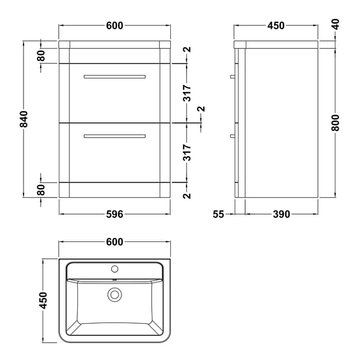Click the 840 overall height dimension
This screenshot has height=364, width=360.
coord(24,119)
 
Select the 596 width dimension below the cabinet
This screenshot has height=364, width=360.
coord(115,214)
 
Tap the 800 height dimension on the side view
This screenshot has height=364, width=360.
coord(335,123)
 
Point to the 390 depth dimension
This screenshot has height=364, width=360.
coord(281,214)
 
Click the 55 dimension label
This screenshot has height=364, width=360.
coord(218,214)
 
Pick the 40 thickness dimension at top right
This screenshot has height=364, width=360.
coord(336,24)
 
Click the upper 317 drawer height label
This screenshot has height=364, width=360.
coord(187,93)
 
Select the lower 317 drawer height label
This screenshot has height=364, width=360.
coord(187,152)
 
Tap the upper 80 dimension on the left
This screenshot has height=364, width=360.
coord(41,55)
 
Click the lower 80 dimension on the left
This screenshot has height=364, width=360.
coord(41,190)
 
